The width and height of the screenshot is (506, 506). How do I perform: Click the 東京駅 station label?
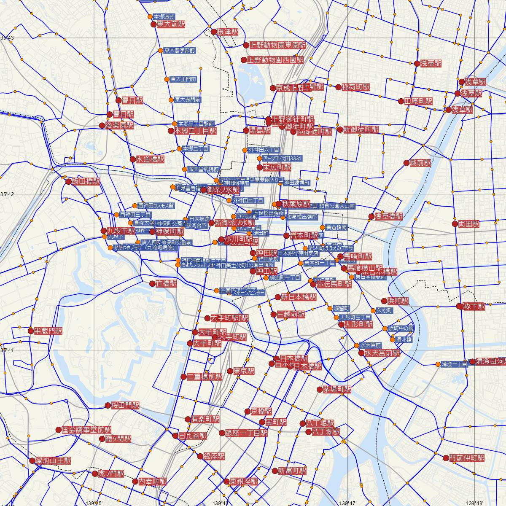click(244, 371)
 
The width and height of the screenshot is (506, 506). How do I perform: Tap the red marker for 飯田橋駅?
click(69, 182)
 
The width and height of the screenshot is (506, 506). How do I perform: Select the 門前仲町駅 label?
click(467, 458)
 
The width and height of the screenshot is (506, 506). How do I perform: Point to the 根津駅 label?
click(228, 32)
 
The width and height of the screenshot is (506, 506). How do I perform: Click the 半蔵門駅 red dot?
click(31, 331)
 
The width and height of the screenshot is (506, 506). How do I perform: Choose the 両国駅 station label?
click(469, 224)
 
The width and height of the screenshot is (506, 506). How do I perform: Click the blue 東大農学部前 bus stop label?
click(180, 51)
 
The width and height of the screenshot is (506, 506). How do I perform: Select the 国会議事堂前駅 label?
click(87, 430)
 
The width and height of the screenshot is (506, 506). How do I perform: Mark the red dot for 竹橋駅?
click(153, 284)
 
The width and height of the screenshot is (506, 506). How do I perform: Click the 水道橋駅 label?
click(150, 160)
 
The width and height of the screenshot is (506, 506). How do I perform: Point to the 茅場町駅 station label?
click(337, 390)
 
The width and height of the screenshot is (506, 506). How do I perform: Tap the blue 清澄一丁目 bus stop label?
click(454, 364)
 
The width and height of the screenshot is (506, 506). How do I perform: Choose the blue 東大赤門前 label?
click(188, 100)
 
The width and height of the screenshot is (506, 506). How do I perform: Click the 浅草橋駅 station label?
click(389, 216)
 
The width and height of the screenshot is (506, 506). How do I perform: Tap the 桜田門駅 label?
click(125, 406)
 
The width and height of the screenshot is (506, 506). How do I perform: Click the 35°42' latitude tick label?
click(8, 194)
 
